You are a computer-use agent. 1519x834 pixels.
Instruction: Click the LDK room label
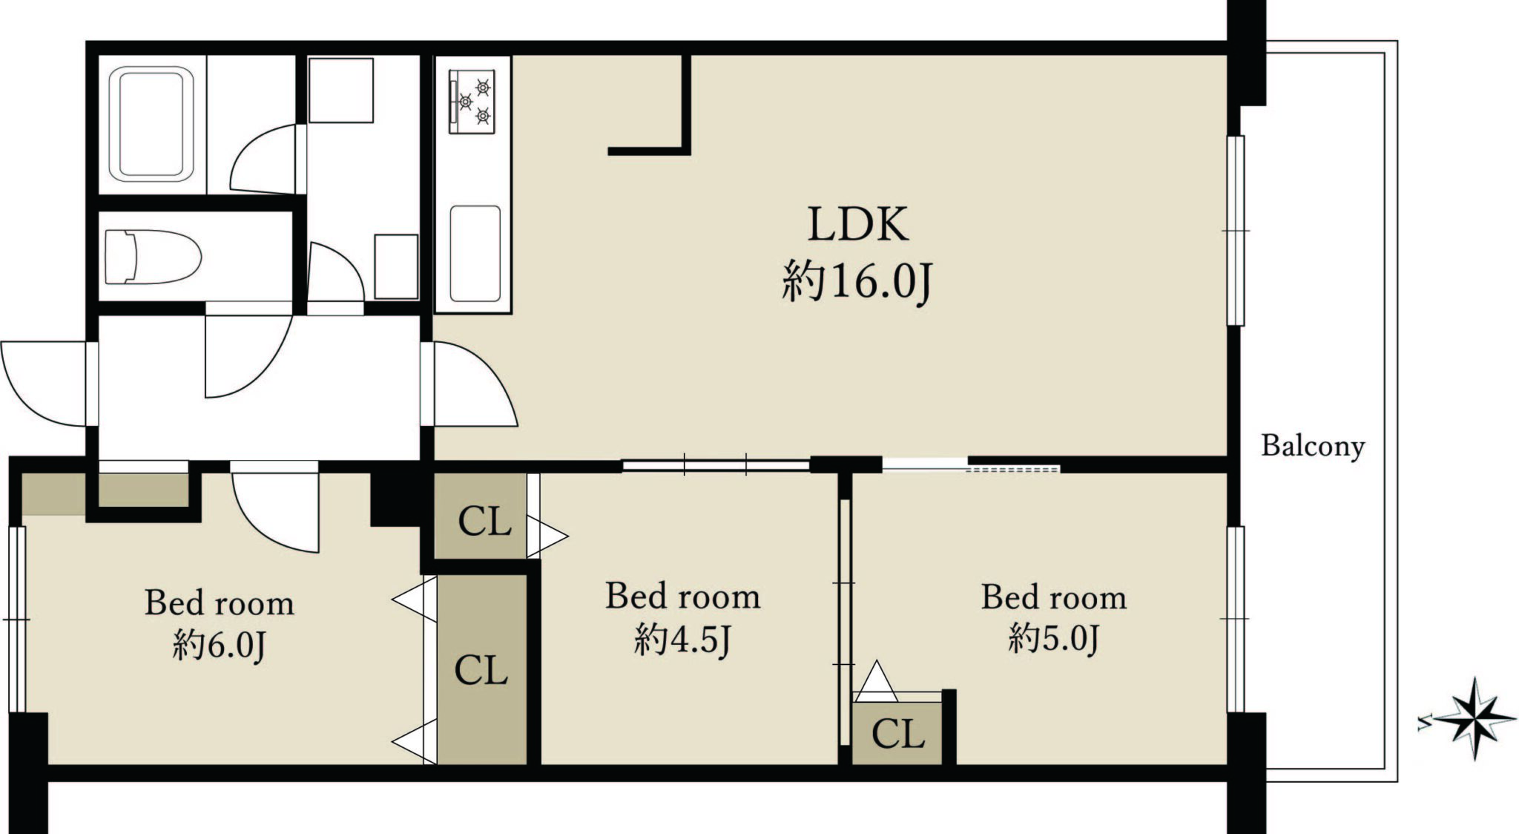pos(857,224)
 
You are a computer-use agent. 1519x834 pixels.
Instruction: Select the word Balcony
pos(1313,447)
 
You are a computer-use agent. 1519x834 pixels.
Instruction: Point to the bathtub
pos(151,125)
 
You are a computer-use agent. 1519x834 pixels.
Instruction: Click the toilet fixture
pos(153,257)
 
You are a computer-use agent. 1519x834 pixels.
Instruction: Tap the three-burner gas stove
pos(472,102)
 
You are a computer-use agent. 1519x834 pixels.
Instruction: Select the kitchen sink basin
pos(475,254)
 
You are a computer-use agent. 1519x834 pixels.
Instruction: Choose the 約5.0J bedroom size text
pos(1054,639)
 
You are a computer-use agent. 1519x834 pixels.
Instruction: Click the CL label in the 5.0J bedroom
pos(898,734)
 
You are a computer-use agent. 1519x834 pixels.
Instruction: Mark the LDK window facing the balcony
pos(1235,231)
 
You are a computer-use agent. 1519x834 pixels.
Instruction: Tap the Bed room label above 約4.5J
pos(683,597)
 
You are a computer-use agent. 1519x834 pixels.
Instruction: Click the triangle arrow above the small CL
pos(876,680)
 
